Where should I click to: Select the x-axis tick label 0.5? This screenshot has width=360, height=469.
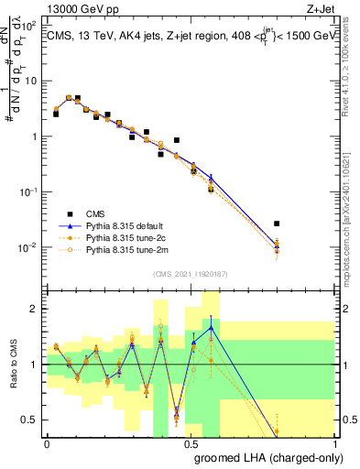click(x=191, y=443)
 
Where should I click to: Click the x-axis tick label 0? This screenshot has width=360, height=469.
click(x=47, y=443)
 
